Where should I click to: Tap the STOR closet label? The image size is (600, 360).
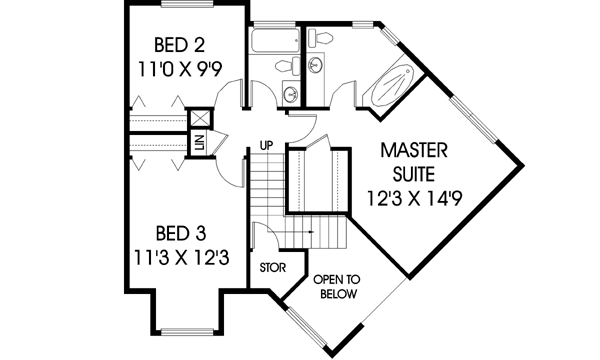point(272,268)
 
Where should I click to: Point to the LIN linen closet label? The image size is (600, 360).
point(199,143)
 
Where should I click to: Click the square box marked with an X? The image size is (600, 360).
point(198,117)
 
